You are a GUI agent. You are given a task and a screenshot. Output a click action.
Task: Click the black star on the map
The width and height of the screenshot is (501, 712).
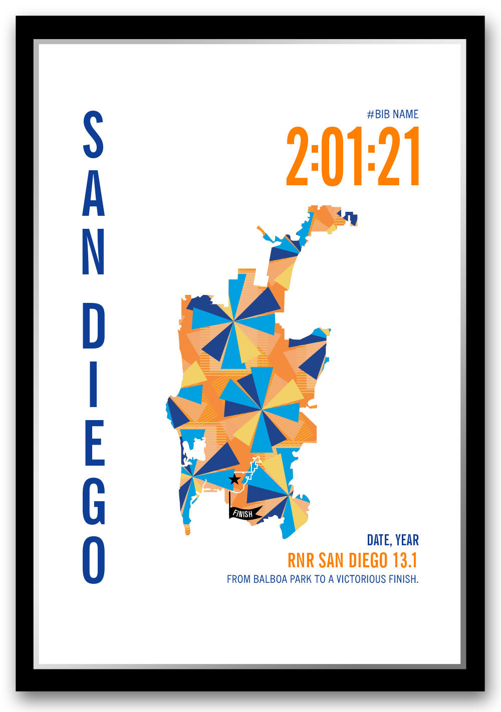click(234, 480)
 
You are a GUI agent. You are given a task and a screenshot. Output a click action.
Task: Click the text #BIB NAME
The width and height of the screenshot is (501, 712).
click(392, 114)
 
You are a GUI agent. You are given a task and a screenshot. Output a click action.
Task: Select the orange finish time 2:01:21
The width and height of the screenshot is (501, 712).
click(353, 157)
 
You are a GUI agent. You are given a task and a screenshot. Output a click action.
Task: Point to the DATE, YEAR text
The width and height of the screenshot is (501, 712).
click(392, 540)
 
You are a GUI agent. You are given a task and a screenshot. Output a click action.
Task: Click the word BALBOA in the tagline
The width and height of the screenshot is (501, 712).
click(271, 579)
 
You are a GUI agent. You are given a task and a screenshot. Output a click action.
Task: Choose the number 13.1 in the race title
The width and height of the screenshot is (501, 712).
click(406, 560)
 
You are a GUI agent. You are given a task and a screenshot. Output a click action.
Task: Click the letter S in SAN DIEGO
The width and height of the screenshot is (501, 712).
click(93, 135)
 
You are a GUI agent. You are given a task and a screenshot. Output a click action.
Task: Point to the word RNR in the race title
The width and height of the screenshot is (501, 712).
click(301, 560)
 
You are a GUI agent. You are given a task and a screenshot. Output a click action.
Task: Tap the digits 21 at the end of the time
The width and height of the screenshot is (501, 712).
click(399, 157)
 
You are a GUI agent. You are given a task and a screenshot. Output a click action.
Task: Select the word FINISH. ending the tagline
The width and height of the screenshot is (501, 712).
click(402, 579)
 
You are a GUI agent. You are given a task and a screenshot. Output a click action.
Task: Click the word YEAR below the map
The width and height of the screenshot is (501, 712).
click(407, 540)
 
